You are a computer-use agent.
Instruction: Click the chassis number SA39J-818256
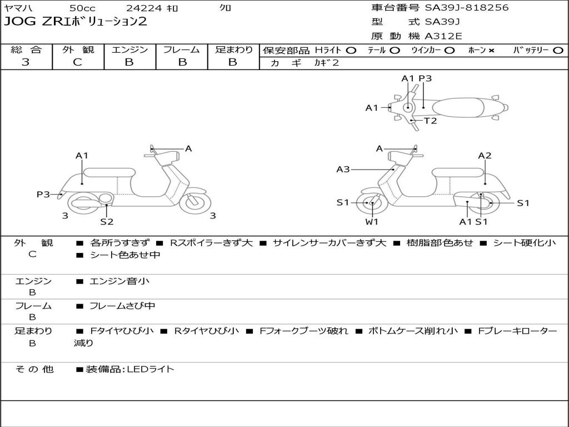[467, 8]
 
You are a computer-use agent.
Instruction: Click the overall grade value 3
[26, 62]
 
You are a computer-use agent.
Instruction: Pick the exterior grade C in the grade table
[77, 62]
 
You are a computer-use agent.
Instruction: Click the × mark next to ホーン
[491, 51]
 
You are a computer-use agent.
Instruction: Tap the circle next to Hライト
[351, 51]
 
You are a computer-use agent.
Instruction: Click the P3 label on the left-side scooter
[43, 194]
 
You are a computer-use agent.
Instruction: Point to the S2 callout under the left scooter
[107, 222]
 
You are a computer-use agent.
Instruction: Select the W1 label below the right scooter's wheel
[372, 222]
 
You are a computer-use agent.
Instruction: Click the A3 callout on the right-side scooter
[343, 169]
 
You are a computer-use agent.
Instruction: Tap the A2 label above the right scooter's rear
[485, 156]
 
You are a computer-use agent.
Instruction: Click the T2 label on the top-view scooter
[430, 121]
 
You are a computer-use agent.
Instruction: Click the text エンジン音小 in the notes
[119, 281]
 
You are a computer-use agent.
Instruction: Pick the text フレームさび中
[122, 306]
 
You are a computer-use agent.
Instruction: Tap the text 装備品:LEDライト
[129, 369]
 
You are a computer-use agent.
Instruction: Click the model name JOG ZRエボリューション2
[76, 22]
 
